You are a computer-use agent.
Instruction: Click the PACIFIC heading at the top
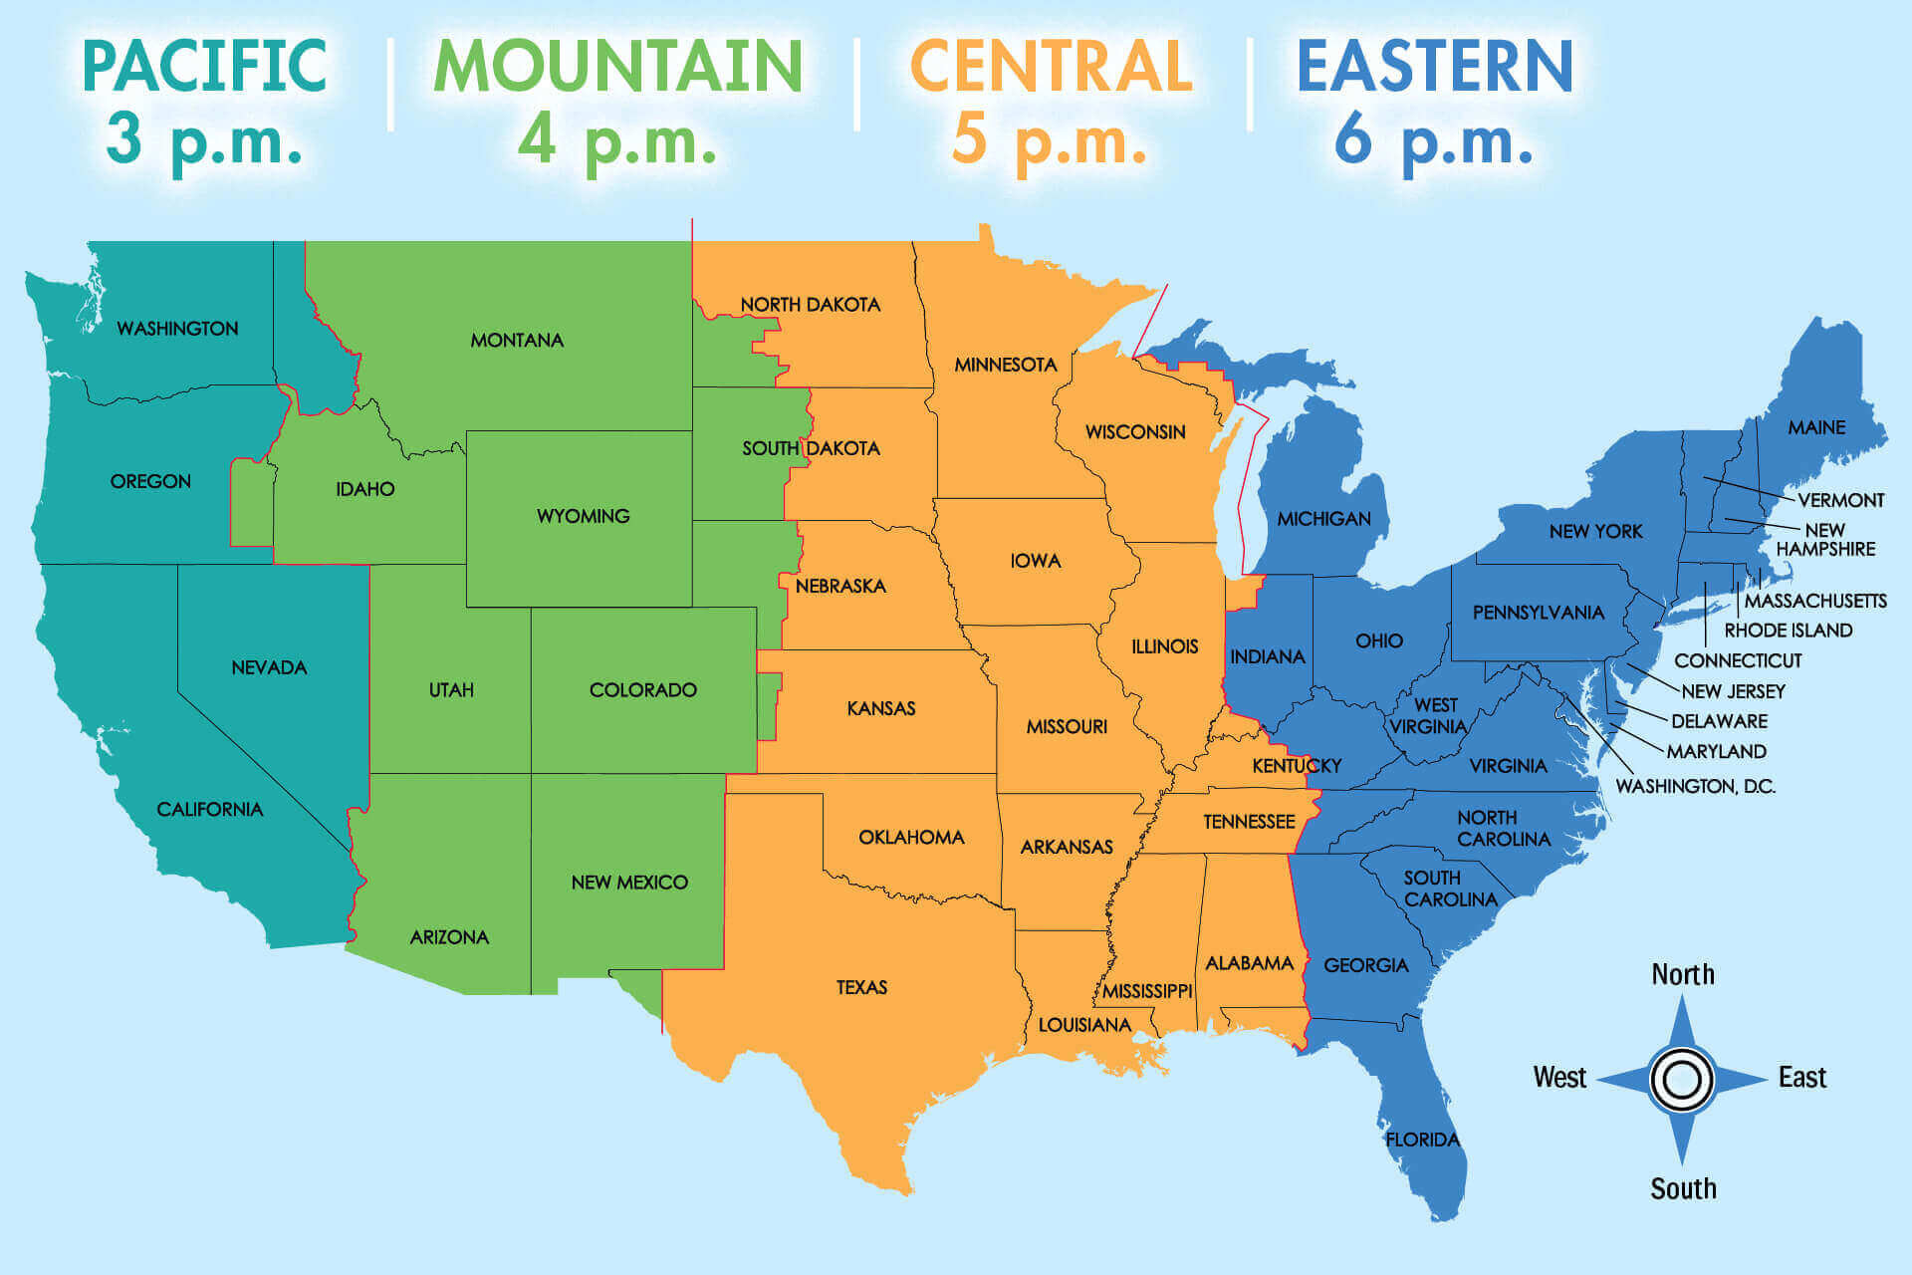click(x=204, y=66)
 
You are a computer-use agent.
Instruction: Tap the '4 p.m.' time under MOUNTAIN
click(x=616, y=141)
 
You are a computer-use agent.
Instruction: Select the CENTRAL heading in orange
click(x=1051, y=66)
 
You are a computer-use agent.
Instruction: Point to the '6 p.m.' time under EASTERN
click(x=1433, y=141)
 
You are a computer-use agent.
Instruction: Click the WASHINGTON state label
click(x=177, y=329)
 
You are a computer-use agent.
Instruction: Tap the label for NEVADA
click(x=269, y=667)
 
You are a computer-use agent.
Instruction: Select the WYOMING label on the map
click(x=583, y=516)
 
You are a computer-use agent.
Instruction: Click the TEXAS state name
click(x=861, y=987)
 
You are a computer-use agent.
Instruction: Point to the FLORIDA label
click(x=1422, y=1140)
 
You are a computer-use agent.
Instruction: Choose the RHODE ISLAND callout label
click(x=1788, y=631)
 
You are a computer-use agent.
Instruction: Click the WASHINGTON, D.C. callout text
click(x=1695, y=786)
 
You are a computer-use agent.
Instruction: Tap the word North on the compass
click(x=1683, y=974)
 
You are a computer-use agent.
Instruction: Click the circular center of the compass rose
click(x=1682, y=1079)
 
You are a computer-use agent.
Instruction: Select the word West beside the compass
click(x=1559, y=1078)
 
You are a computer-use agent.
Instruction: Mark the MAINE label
click(x=1816, y=427)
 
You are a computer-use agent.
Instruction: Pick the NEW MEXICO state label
click(x=629, y=883)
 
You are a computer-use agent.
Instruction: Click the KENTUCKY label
click(x=1297, y=765)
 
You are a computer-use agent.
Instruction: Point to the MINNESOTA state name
click(x=1005, y=365)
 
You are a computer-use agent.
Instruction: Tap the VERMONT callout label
click(x=1840, y=500)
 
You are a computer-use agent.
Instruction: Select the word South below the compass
click(x=1683, y=1188)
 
